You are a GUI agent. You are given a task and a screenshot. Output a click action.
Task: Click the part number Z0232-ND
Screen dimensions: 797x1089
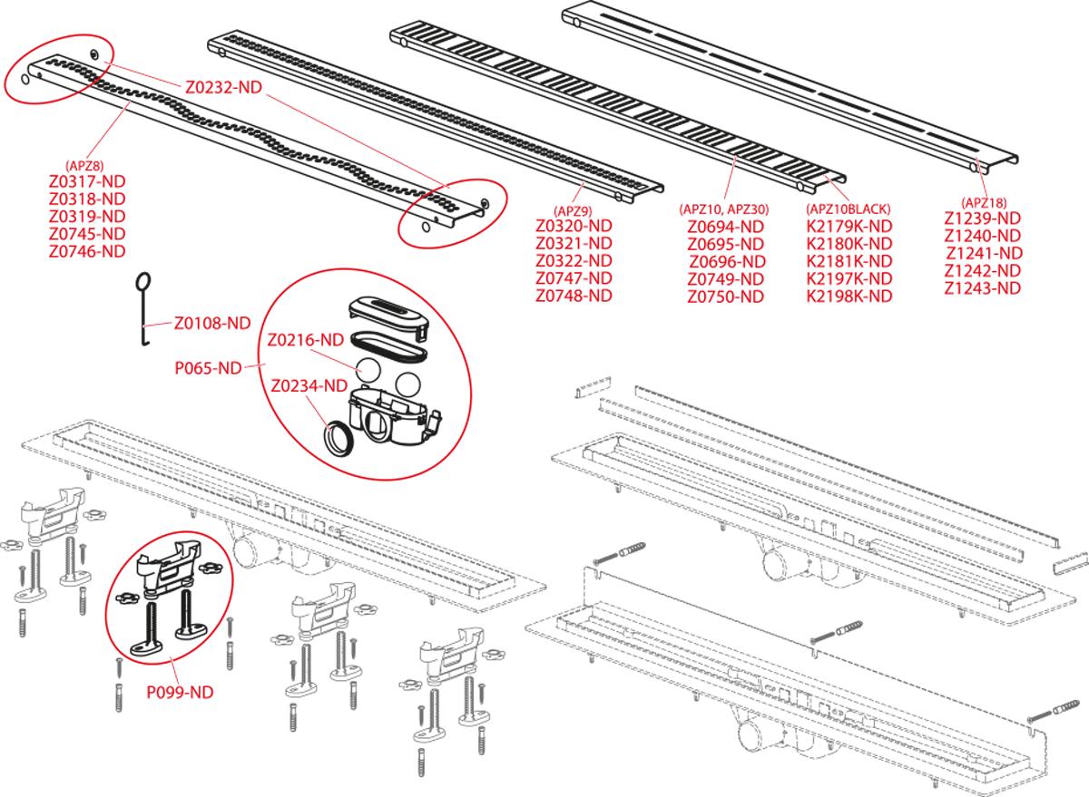(223, 89)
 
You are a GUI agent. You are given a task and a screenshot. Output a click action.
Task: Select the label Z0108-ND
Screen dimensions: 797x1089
(212, 322)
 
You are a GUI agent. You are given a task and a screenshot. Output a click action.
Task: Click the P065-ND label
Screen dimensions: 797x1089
(208, 368)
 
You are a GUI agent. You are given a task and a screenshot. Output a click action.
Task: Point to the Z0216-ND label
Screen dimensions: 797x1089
(305, 340)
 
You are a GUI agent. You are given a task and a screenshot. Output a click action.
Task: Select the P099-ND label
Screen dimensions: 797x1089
(180, 691)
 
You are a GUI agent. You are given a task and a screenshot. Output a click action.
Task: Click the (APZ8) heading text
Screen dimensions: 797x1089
(87, 166)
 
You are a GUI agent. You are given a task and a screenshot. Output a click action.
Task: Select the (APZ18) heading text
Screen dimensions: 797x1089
(983, 202)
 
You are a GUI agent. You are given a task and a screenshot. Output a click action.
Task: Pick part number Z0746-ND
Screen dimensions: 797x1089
(87, 251)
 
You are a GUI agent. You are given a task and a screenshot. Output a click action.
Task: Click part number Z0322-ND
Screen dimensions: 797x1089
(574, 261)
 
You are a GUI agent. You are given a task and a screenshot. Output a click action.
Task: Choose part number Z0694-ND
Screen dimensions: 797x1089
(725, 227)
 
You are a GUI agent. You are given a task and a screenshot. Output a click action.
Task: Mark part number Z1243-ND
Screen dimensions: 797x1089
(983, 287)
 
